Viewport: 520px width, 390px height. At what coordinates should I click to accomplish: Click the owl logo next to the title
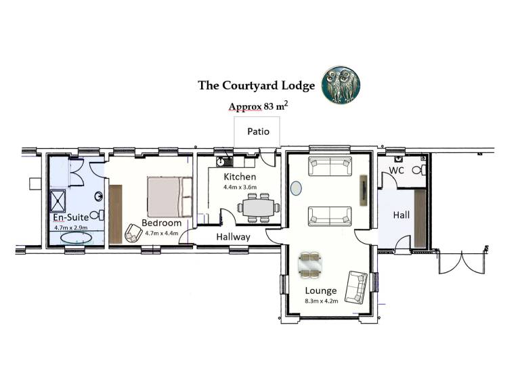(341, 84)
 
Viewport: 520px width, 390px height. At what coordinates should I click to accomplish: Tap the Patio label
(259, 131)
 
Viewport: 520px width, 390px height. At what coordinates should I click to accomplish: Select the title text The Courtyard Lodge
(257, 85)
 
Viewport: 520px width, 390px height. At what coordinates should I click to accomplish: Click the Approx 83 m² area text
(259, 106)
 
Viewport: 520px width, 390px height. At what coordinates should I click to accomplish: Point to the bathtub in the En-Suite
(76, 238)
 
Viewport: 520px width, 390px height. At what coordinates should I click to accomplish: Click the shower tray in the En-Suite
(58, 200)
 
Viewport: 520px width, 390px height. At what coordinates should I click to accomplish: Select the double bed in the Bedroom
(170, 197)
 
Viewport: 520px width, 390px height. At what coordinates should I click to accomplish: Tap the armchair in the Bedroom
(133, 233)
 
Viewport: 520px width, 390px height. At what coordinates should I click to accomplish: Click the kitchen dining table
(259, 208)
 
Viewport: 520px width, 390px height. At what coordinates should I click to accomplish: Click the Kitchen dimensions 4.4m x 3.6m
(240, 187)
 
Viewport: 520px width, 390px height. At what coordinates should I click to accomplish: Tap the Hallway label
(233, 237)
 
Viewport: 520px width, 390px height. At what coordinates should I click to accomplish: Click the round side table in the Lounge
(296, 188)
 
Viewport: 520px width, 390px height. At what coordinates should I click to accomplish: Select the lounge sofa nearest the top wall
(330, 166)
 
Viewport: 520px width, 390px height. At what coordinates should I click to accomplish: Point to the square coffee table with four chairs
(309, 265)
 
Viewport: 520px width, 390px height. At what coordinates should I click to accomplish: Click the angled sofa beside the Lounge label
(356, 287)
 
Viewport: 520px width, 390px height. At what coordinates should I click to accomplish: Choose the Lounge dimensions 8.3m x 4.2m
(322, 301)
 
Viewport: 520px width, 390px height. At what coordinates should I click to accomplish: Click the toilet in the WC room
(419, 170)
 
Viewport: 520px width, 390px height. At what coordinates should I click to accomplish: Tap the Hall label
(402, 215)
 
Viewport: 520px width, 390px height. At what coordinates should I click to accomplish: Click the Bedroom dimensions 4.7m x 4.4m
(162, 233)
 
